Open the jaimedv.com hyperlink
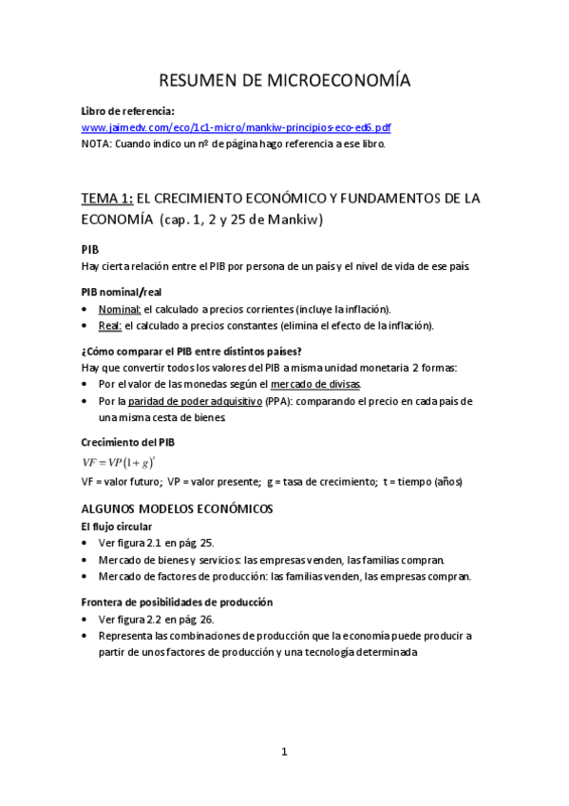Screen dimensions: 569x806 point(236,127)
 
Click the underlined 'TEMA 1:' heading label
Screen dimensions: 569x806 point(107,199)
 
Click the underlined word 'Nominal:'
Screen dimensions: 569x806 point(120,309)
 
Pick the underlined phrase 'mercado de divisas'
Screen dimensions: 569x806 point(315,384)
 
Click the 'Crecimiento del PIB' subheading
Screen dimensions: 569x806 point(127,443)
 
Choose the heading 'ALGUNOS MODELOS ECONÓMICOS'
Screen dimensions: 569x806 point(177,509)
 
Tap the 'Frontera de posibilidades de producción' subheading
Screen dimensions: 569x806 point(178,602)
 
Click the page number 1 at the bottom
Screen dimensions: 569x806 point(284,752)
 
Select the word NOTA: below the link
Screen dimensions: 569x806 point(97,144)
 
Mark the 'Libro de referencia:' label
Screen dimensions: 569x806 point(127,110)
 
